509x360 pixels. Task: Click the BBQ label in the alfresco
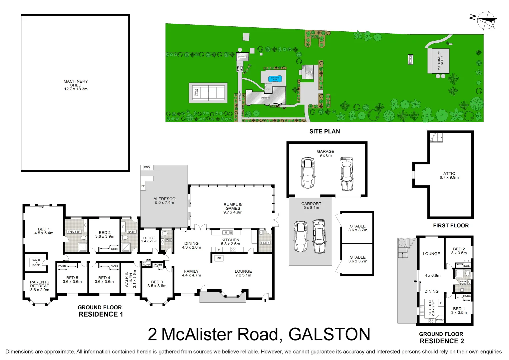(x=147, y=167)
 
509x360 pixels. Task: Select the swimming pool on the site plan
(x=275, y=79)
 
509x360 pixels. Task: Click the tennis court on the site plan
(x=208, y=92)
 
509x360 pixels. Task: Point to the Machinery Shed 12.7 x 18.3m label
(x=76, y=85)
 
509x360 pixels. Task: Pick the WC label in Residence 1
(x=169, y=240)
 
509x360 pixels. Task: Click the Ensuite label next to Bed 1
(x=74, y=232)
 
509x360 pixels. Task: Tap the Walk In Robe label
(x=36, y=263)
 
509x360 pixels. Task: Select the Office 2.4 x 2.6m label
(x=149, y=240)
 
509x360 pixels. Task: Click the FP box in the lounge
(x=219, y=258)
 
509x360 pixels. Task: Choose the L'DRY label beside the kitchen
(x=265, y=243)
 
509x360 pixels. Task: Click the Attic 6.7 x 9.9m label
(x=449, y=176)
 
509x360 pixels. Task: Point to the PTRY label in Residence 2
(x=440, y=320)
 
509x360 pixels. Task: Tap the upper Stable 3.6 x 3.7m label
(x=358, y=228)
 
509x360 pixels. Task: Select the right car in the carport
(x=319, y=236)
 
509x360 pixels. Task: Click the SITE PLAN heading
(x=324, y=131)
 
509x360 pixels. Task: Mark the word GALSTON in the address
(x=329, y=334)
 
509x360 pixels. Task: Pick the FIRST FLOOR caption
(x=451, y=226)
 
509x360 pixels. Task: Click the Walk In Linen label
(x=131, y=279)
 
